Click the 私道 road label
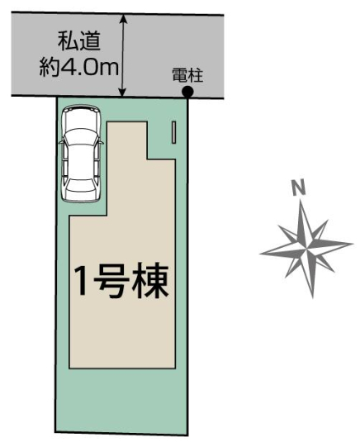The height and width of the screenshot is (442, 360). pyautogui.click(x=79, y=41)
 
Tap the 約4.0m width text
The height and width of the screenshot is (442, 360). pyautogui.click(x=79, y=68)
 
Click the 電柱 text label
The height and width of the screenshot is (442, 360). pyautogui.click(x=187, y=75)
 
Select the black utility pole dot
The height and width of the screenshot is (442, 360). pyautogui.click(x=187, y=92)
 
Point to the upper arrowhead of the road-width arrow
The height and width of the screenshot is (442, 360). pyautogui.click(x=124, y=19)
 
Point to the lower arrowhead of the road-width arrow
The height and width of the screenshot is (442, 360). pyautogui.click(x=122, y=92)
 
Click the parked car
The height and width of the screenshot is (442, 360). pyautogui.click(x=82, y=154)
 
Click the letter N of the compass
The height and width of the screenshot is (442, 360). pyautogui.click(x=299, y=188)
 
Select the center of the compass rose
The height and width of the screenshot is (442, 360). pyautogui.click(x=306, y=250)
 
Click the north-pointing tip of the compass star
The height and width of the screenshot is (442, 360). pyautogui.click(x=301, y=201)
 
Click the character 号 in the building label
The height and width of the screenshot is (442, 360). pyautogui.click(x=111, y=281)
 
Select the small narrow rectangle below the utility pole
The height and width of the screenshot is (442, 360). pyautogui.click(x=174, y=132)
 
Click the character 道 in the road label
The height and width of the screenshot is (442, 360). pyautogui.click(x=90, y=41)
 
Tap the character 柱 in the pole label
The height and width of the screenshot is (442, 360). pyautogui.click(x=196, y=75)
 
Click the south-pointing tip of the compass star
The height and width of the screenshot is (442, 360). pyautogui.click(x=312, y=297)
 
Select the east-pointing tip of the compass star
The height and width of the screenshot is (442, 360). pyautogui.click(x=353, y=244)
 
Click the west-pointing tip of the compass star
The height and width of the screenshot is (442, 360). pyautogui.click(x=260, y=254)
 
